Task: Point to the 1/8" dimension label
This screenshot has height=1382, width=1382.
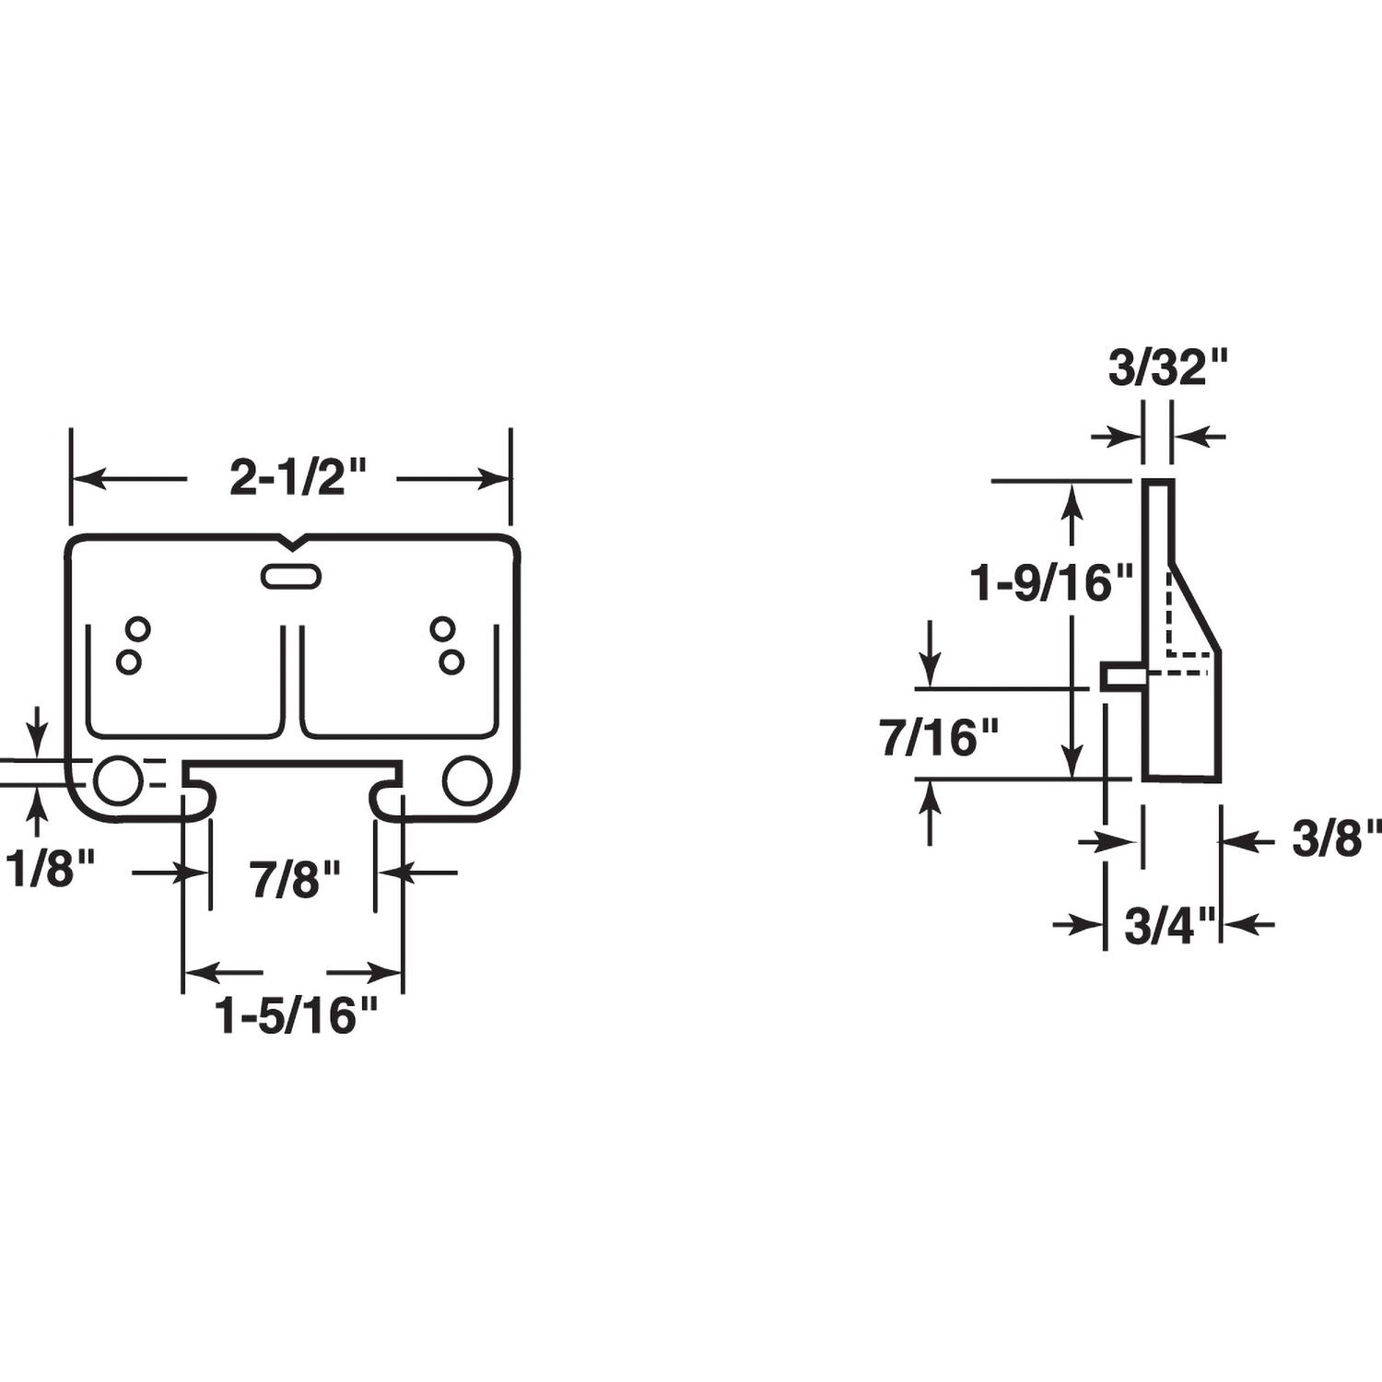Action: point(51,868)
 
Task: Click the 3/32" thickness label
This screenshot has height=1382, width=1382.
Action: point(1168,369)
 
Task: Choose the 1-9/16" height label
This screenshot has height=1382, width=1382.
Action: point(1051,583)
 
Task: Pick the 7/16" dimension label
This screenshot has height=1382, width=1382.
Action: point(940,739)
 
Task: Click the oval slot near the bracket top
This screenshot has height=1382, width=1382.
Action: point(291,577)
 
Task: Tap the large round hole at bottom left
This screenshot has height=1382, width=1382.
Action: point(118,780)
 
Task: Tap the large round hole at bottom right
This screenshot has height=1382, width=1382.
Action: point(466,780)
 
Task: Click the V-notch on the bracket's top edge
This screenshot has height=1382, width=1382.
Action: point(292,541)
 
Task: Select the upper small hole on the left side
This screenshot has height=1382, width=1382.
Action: point(138,629)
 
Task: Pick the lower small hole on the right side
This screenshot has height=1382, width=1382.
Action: point(451,662)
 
